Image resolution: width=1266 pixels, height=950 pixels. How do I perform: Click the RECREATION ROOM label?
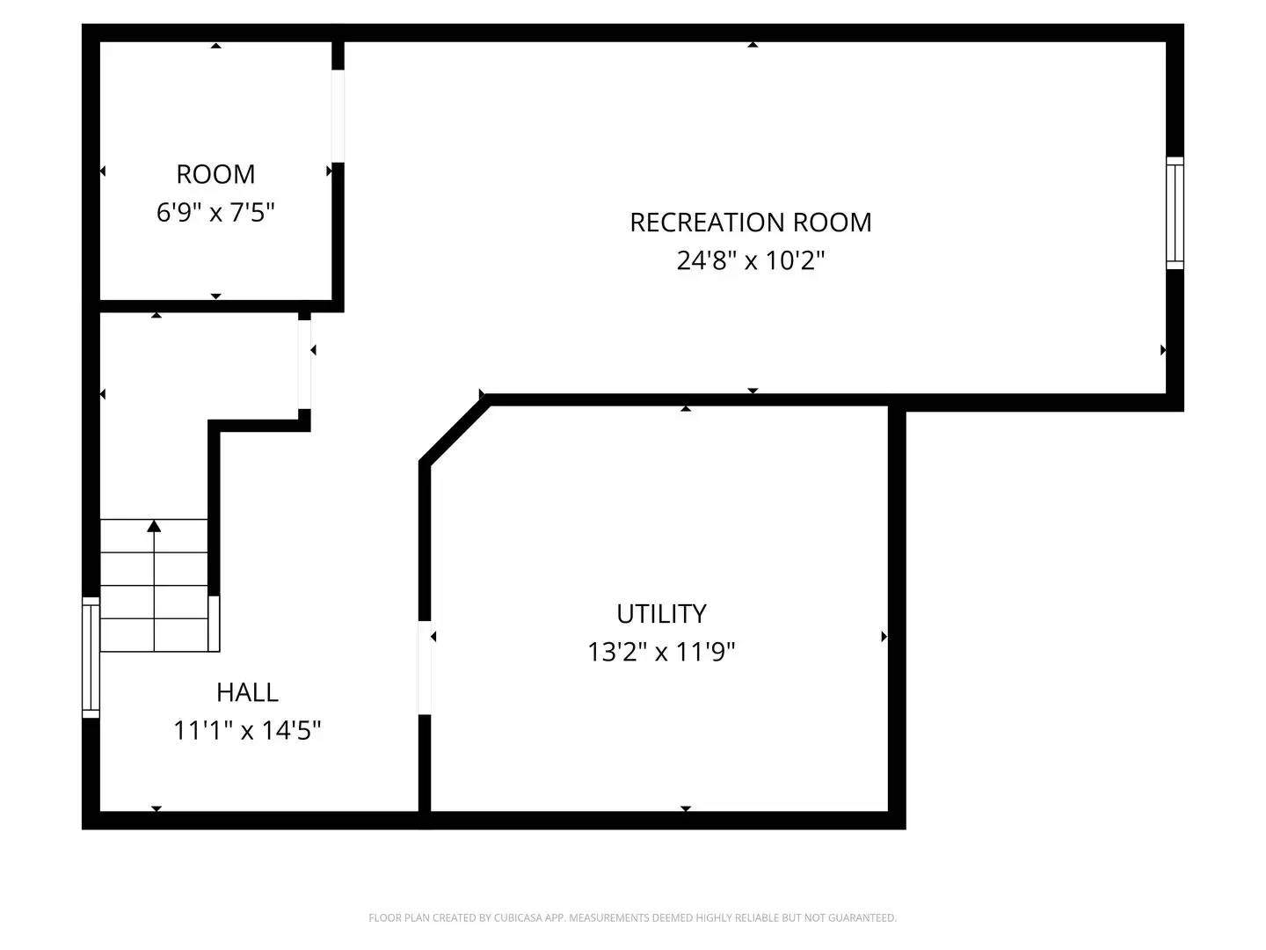[750, 223]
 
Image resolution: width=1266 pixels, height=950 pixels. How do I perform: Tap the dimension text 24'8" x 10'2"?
[750, 261]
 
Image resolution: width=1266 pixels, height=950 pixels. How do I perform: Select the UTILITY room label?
[661, 614]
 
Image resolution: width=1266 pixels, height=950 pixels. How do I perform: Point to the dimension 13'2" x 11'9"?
[661, 653]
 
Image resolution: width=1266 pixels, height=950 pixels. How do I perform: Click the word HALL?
[247, 693]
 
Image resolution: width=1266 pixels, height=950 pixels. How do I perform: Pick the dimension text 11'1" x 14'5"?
[247, 731]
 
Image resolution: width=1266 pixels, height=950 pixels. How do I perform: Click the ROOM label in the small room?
[215, 174]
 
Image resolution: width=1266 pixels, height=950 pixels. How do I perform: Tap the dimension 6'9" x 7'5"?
[215, 213]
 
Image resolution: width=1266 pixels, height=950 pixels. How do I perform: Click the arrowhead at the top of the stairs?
[155, 526]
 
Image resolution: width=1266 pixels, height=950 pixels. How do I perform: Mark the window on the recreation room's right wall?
[1175, 213]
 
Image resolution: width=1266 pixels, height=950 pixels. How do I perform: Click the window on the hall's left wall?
[91, 656]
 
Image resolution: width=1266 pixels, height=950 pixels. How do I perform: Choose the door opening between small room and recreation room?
[338, 116]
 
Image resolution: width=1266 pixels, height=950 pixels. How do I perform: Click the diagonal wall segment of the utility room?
[454, 430]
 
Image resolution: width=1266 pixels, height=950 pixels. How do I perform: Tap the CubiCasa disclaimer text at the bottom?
[632, 918]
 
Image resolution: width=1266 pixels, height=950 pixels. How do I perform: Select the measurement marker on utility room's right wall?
[884, 637]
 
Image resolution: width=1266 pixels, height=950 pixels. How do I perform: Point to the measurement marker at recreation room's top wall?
[753, 44]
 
